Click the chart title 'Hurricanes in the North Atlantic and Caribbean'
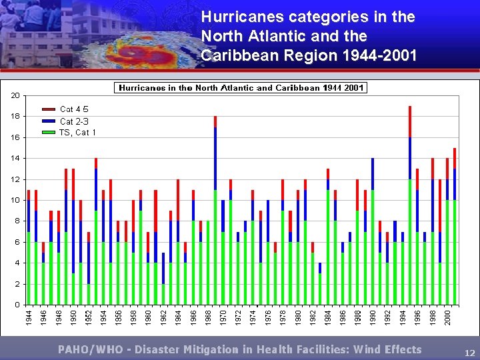click(241, 88)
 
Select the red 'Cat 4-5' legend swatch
click(49, 109)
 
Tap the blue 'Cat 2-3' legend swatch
click(49, 121)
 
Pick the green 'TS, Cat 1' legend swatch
click(49, 132)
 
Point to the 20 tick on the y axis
click(15, 95)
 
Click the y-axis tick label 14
click(15, 158)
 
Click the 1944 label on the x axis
click(29, 316)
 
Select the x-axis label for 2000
click(447, 316)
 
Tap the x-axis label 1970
click(223, 316)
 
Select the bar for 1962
click(163, 279)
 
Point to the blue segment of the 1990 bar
click(373, 174)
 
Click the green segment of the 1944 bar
click(29, 268)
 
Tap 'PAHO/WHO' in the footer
click(87, 349)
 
